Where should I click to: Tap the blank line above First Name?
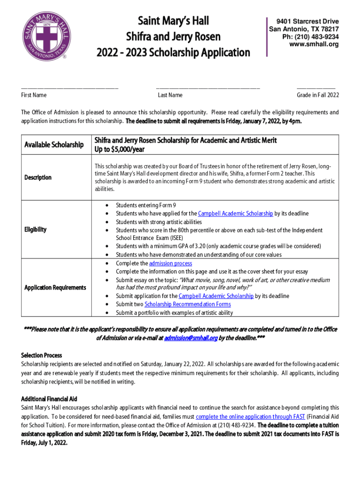[69, 87]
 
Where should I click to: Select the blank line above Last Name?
[208, 87]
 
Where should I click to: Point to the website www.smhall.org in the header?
[314, 44]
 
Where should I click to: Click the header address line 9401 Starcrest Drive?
[307, 22]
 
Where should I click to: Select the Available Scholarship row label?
[54, 145]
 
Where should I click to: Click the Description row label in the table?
[39, 178]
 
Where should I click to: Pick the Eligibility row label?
[35, 230]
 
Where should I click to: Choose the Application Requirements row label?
[55, 287]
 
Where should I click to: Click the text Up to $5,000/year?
[120, 149]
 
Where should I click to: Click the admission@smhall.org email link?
[191, 338]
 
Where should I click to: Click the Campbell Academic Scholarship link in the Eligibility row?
[236, 214]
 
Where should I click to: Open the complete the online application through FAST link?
[250, 416]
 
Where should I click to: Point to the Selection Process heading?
[42, 356]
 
